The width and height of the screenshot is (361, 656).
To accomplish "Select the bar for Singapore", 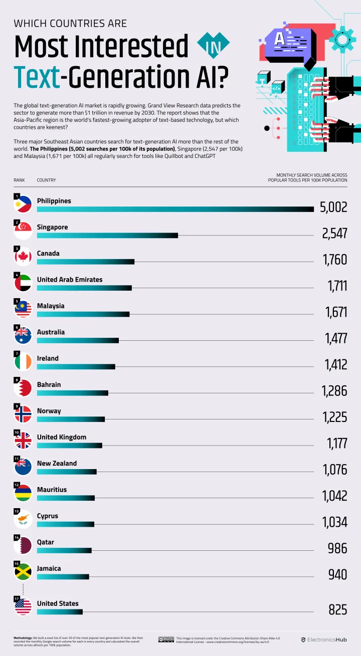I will [x=107, y=235].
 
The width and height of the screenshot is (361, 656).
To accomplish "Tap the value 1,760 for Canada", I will [x=335, y=259].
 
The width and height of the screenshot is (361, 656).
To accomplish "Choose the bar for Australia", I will [x=78, y=340].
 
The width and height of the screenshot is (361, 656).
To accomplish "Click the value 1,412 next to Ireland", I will [x=335, y=364].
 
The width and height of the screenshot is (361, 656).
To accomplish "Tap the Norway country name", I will [x=49, y=411].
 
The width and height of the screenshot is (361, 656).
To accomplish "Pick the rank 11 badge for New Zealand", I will [x=17, y=459].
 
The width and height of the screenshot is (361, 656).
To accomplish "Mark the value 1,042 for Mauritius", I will [x=334, y=496].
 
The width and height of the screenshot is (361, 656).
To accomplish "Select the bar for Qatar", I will [x=64, y=550].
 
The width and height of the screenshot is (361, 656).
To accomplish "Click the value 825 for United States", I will [x=337, y=609].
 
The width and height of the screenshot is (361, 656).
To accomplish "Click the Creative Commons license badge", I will [x=166, y=639].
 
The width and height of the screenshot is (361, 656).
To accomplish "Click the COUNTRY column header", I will [x=46, y=180].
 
